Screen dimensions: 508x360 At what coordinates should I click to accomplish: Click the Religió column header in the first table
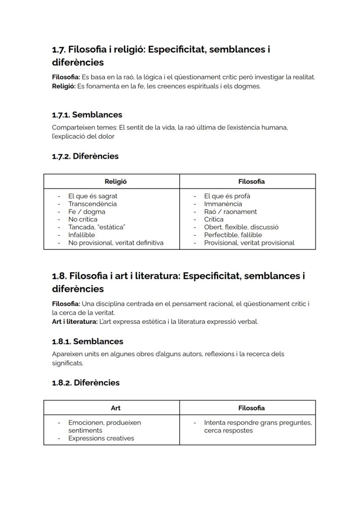coord(116,182)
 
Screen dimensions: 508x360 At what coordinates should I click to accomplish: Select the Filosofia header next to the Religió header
coord(251,182)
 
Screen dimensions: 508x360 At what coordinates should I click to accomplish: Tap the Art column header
coord(116,408)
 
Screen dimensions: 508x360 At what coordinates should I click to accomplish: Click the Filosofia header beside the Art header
coord(251,408)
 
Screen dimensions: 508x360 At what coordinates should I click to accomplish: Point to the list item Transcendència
coord(92,204)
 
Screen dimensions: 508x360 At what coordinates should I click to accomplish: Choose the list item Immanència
coord(223,204)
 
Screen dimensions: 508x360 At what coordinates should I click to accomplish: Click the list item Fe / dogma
coord(87,212)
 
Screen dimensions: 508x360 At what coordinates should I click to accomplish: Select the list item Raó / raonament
coord(230,212)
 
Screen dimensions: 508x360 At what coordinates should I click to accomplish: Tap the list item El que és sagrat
coord(93,196)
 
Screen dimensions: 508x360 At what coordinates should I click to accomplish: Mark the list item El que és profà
coord(227,196)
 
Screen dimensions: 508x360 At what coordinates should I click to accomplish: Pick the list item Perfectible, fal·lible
coord(233,235)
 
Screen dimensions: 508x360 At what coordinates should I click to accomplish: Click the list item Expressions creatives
coord(101,438)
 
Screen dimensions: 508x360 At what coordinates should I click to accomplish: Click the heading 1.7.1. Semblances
coord(87,115)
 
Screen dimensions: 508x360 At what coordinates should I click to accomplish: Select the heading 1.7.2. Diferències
coord(85,156)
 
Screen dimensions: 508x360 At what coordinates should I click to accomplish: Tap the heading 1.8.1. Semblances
coord(87,341)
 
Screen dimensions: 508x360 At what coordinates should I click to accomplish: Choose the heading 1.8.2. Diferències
coord(86,383)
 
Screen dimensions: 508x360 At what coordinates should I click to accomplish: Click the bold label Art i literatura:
coord(74,322)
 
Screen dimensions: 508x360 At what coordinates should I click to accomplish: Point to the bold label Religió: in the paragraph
coord(63,86)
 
